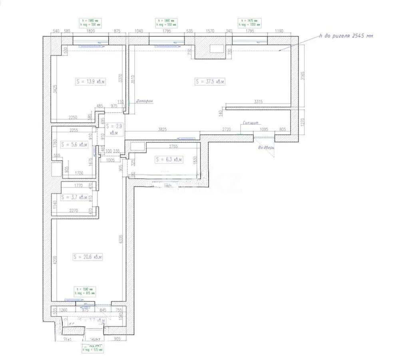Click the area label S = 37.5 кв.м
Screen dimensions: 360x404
[x=210, y=82]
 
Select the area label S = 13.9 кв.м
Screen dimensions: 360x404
[x=90, y=82]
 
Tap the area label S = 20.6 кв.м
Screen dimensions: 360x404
[x=88, y=257]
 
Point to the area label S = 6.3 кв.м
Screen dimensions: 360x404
[x=168, y=159]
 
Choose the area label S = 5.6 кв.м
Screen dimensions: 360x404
[x=74, y=144]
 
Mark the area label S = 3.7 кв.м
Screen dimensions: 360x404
[x=74, y=197]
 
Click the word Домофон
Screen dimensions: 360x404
[x=144, y=101]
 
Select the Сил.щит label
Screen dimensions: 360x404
[x=251, y=123]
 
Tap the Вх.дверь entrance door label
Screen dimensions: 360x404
[x=266, y=148]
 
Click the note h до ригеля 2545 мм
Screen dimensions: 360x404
[x=346, y=36]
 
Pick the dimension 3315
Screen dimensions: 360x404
[x=258, y=102]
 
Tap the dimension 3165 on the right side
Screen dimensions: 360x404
[x=303, y=75]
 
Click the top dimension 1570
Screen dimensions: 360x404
[x=210, y=31]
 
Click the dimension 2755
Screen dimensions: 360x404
[x=173, y=146]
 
